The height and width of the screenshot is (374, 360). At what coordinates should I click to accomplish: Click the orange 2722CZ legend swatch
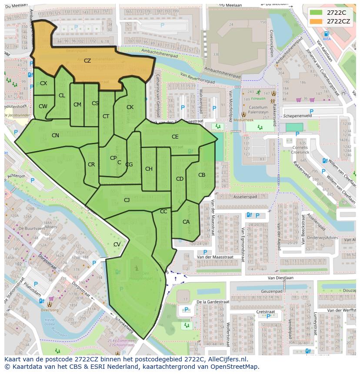pyautogui.click(x=317, y=21)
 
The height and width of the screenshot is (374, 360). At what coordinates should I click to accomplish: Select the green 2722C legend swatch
pyautogui.click(x=317, y=13)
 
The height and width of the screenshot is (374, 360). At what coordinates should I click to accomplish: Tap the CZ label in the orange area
pyautogui.click(x=87, y=61)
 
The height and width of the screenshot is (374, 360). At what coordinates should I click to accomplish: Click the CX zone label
pyautogui.click(x=43, y=83)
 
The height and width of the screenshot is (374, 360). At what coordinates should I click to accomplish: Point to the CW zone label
pyautogui.click(x=43, y=106)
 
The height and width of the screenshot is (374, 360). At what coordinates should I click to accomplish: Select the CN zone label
pyautogui.click(x=55, y=136)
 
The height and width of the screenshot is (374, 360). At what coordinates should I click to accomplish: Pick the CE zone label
pyautogui.click(x=175, y=137)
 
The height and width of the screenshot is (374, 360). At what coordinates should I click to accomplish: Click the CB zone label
pyautogui.click(x=202, y=175)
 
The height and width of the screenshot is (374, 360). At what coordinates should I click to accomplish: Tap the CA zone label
pyautogui.click(x=186, y=222)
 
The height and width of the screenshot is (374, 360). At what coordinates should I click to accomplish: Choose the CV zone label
pyautogui.click(x=117, y=245)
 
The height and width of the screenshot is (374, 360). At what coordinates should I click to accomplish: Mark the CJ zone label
pyautogui.click(x=127, y=200)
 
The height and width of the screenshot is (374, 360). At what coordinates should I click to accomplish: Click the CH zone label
pyautogui.click(x=149, y=169)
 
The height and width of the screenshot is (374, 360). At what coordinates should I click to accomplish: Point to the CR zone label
pyautogui.click(x=91, y=165)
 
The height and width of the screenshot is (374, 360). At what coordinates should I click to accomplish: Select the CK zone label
pyautogui.click(x=130, y=107)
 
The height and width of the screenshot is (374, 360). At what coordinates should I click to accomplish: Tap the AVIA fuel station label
pyautogui.click(x=327, y=39)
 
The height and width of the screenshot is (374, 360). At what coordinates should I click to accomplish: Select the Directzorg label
pyautogui.click(x=50, y=311)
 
